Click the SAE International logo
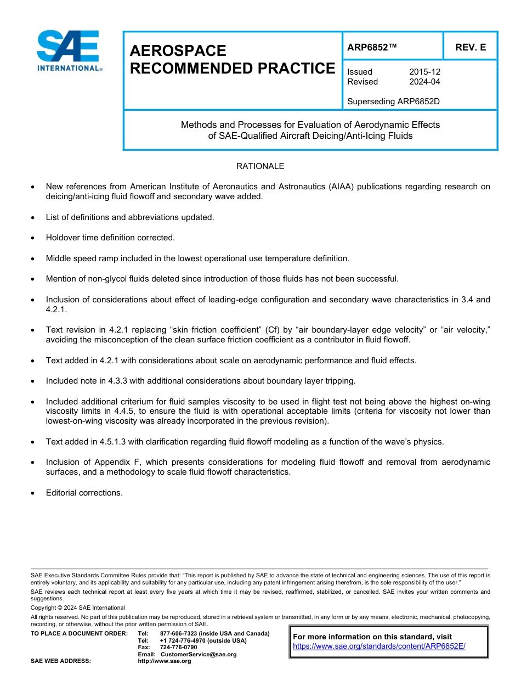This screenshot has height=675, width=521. [68, 50]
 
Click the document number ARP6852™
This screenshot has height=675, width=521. [371, 48]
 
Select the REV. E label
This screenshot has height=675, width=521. [470, 48]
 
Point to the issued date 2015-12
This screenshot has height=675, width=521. [424, 72]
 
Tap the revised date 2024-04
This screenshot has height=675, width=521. [424, 82]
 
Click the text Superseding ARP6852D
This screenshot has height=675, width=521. [394, 102]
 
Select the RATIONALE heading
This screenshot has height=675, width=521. [260, 166]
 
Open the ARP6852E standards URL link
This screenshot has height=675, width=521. [379, 646]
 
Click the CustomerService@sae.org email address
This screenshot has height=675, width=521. [199, 654]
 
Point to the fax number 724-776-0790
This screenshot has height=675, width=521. [178, 648]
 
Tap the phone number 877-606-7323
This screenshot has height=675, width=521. [179, 634]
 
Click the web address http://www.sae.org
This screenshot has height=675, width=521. [164, 661]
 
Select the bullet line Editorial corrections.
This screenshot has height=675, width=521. [84, 493]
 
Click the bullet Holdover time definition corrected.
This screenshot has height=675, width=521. [110, 238]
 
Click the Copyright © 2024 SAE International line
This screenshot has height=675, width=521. [78, 607]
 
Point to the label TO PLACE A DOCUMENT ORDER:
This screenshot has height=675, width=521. [79, 634]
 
